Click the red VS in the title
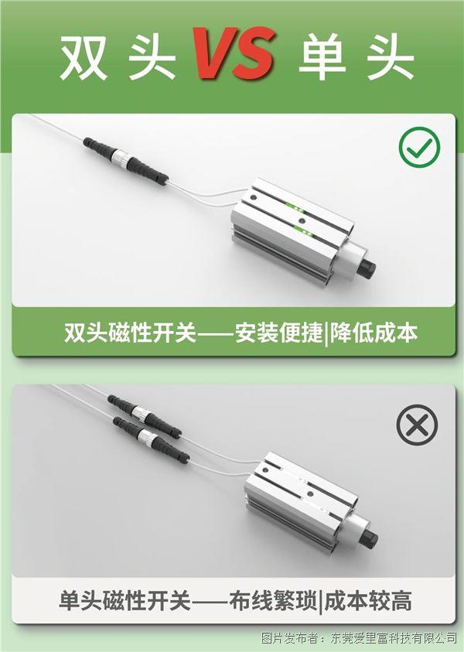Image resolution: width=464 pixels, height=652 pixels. pyautogui.click(x=234, y=53)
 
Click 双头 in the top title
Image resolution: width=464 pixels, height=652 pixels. pyautogui.click(x=118, y=57)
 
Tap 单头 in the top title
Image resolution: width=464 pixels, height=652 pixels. pyautogui.click(x=357, y=57)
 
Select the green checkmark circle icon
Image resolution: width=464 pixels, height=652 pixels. pyautogui.click(x=419, y=147)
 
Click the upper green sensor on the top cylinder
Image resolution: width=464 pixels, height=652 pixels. pyautogui.click(x=295, y=207)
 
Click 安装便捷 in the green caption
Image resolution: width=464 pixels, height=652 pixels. pyautogui.click(x=279, y=333)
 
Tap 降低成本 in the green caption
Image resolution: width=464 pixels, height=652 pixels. pyautogui.click(x=374, y=333)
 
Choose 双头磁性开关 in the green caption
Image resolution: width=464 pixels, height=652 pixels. pyautogui.click(x=130, y=333)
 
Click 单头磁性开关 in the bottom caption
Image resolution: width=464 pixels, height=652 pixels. pyautogui.click(x=125, y=600)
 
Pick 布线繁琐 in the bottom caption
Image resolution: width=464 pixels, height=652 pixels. pyautogui.click(x=273, y=600)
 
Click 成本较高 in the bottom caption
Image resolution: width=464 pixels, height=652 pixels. pyautogui.click(x=368, y=600)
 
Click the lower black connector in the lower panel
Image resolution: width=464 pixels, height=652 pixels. pyautogui.click(x=152, y=439)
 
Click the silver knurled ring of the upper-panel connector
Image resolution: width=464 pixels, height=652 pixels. pyautogui.click(x=124, y=158)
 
